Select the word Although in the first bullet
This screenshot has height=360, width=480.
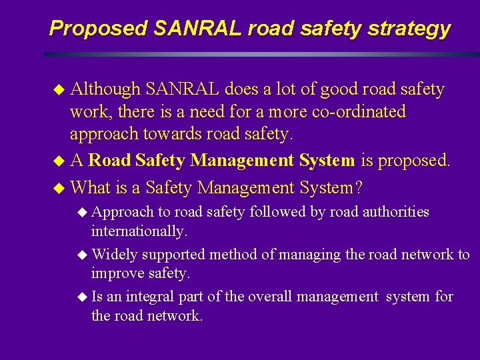(105, 89)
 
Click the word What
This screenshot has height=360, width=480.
(91, 188)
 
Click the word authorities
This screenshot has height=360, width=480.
(397, 212)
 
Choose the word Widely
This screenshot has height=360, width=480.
(115, 254)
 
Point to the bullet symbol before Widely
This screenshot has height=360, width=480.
(82, 255)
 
